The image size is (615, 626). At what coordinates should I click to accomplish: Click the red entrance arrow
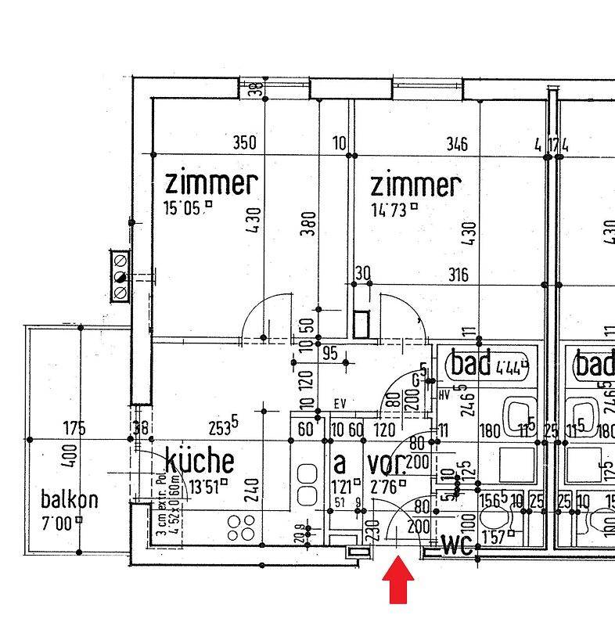399,583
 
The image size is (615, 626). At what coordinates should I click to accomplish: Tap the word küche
199,459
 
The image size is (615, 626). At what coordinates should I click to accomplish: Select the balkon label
70,499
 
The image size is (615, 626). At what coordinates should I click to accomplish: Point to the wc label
458,544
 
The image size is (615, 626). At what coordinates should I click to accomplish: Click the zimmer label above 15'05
211,184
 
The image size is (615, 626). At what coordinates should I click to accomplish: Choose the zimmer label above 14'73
415,185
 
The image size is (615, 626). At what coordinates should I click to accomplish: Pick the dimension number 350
245,143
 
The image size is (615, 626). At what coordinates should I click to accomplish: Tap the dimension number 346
457,144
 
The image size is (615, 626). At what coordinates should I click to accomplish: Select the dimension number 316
459,275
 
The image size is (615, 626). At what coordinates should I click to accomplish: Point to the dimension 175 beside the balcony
75,429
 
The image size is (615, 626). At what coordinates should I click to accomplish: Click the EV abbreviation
340,405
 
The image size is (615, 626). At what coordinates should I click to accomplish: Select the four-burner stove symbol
240,528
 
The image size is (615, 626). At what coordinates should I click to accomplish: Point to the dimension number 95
329,354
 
